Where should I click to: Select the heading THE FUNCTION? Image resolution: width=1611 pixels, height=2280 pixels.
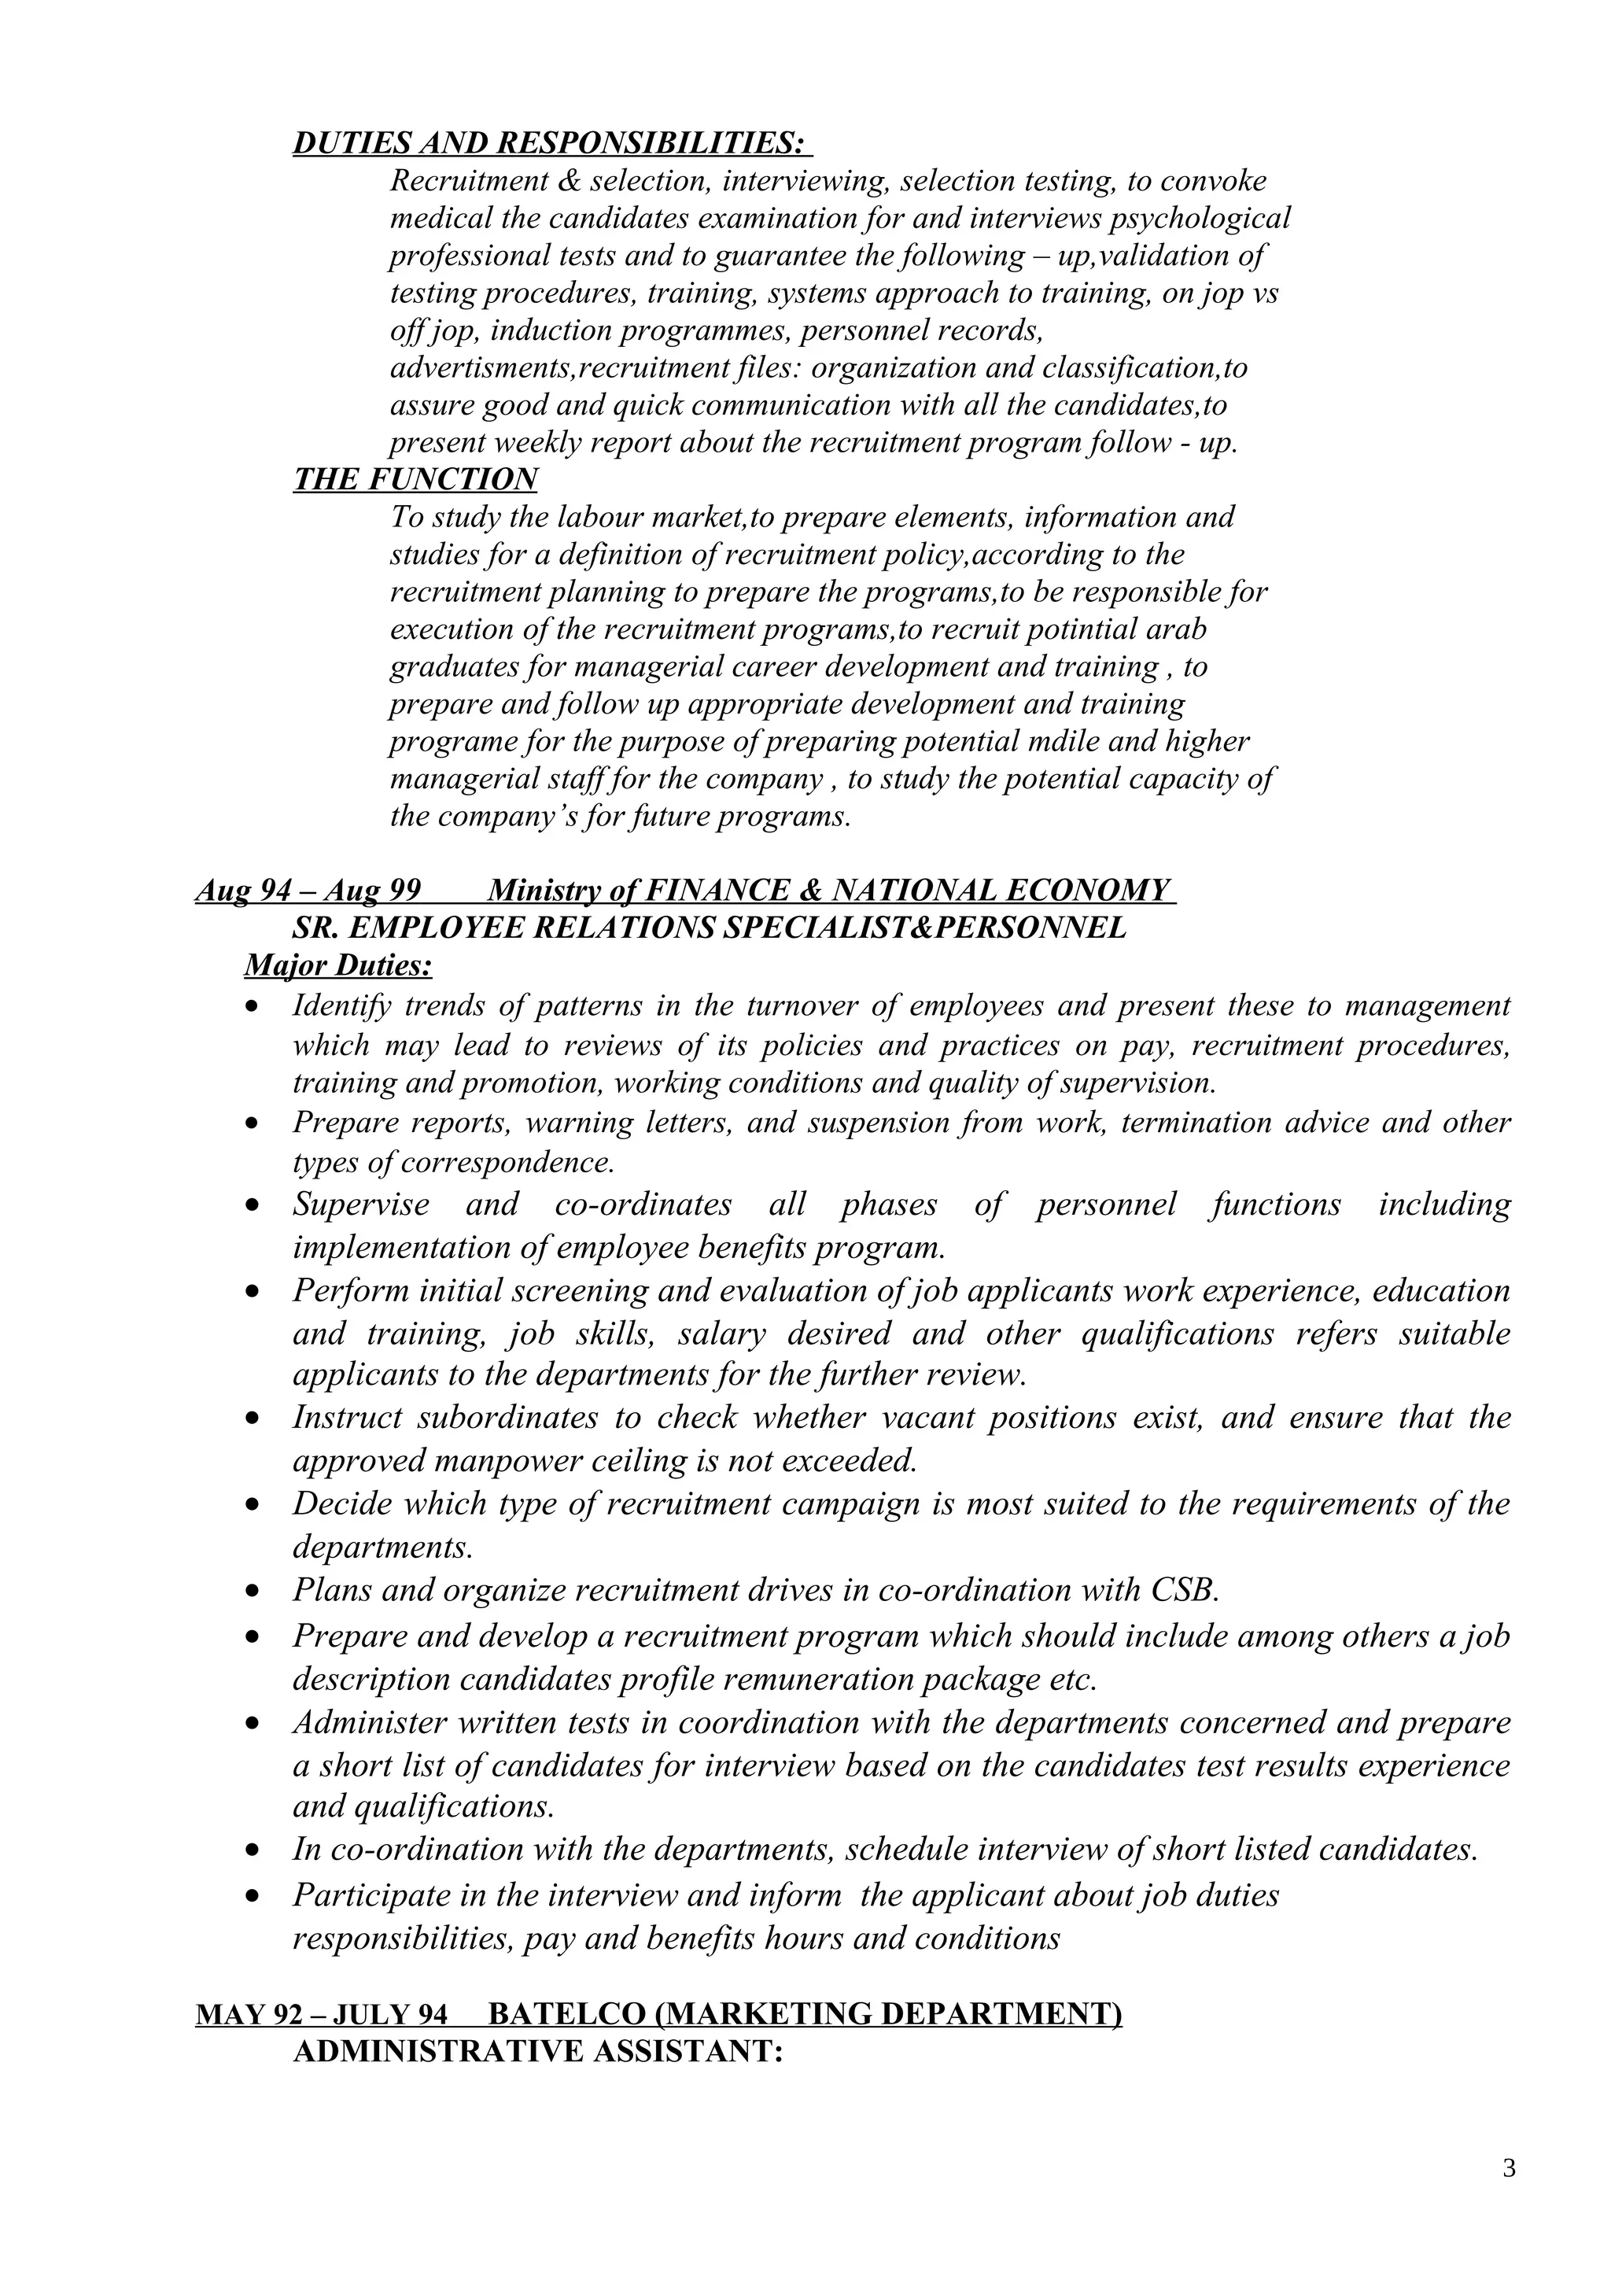click(415, 480)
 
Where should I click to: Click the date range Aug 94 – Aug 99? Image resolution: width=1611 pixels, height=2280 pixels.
click(308, 890)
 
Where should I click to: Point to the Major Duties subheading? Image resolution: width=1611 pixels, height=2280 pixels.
click(337, 965)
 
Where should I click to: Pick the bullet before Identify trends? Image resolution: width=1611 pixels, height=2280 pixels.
click(255, 1007)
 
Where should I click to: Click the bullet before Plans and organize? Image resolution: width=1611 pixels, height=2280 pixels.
click(255, 1591)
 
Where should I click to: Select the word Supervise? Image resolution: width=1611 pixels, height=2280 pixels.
click(361, 1205)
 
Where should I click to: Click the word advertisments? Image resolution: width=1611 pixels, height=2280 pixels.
click(482, 368)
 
